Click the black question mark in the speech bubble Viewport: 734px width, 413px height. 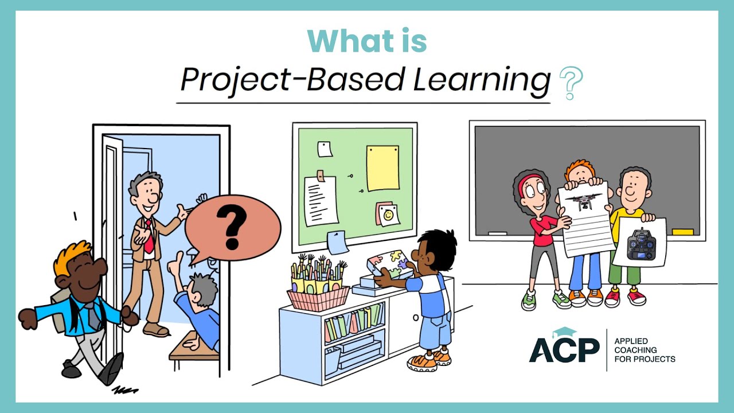point(233,225)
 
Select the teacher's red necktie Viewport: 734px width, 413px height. point(149,237)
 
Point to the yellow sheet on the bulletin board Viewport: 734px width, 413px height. point(382,167)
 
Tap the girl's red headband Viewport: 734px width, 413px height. point(529,180)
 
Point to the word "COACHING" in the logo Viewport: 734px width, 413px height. point(635,349)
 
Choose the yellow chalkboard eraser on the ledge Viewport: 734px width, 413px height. point(682,232)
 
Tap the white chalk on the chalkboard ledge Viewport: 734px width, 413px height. point(497,233)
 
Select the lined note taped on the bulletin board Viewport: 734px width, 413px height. point(321,199)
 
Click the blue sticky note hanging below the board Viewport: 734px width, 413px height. point(337,241)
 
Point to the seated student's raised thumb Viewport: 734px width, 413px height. point(173,266)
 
